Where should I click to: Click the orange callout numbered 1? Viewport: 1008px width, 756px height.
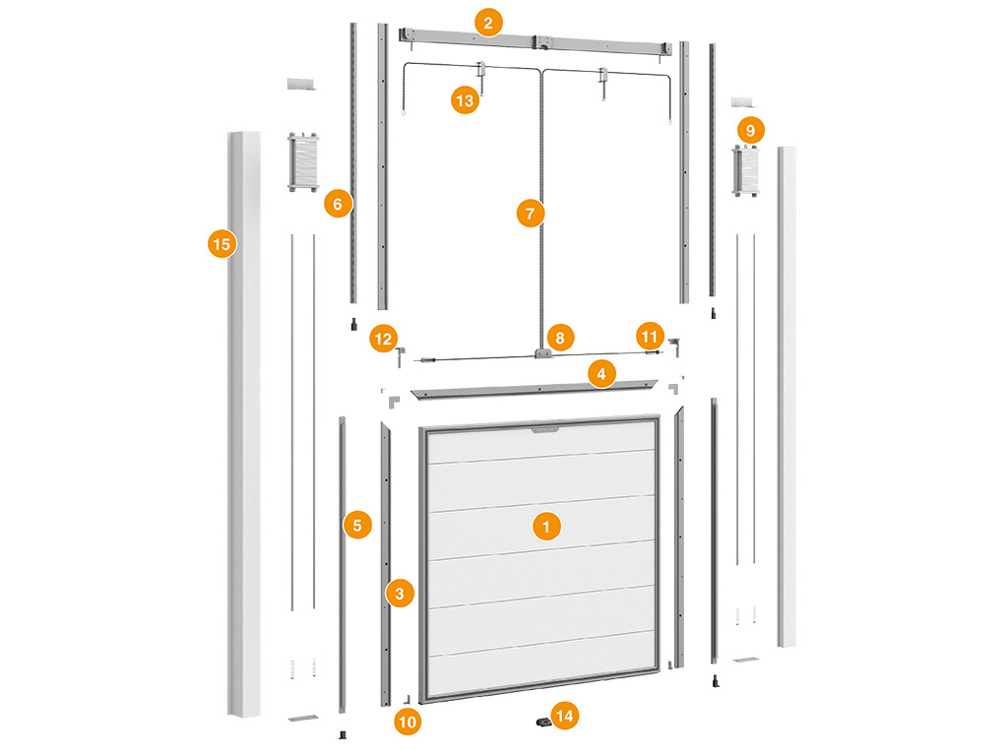pyautogui.click(x=546, y=527)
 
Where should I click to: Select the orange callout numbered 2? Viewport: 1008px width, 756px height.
pyautogui.click(x=488, y=24)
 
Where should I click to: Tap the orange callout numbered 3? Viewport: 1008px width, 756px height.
pyautogui.click(x=400, y=594)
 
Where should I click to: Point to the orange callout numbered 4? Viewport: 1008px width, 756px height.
pyautogui.click(x=601, y=373)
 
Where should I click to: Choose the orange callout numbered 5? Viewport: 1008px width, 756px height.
pyautogui.click(x=357, y=526)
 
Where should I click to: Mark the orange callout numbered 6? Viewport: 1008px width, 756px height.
pyautogui.click(x=338, y=204)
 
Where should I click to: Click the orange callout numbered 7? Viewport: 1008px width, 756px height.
pyautogui.click(x=531, y=214)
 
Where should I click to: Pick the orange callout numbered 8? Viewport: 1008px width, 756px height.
pyautogui.click(x=560, y=339)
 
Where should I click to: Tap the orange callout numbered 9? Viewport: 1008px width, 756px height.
pyautogui.click(x=750, y=131)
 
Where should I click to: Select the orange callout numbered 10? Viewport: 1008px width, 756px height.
pyautogui.click(x=408, y=722)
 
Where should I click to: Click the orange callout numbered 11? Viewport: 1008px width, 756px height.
pyautogui.click(x=650, y=337)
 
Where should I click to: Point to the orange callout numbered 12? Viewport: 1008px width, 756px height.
pyautogui.click(x=383, y=339)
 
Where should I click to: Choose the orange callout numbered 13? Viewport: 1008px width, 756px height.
pyautogui.click(x=465, y=100)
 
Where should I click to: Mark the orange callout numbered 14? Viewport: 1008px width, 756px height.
pyautogui.click(x=564, y=716)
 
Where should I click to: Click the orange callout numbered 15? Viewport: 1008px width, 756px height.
pyautogui.click(x=221, y=244)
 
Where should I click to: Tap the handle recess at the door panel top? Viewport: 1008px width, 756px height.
pyautogui.click(x=545, y=429)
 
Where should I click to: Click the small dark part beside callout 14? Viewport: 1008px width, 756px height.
pyautogui.click(x=543, y=722)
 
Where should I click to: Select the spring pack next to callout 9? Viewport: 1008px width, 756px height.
pyautogui.click(x=746, y=171)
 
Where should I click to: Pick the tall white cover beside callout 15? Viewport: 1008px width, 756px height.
pyautogui.click(x=245, y=424)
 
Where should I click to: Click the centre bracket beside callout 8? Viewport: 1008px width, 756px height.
pyautogui.click(x=542, y=353)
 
